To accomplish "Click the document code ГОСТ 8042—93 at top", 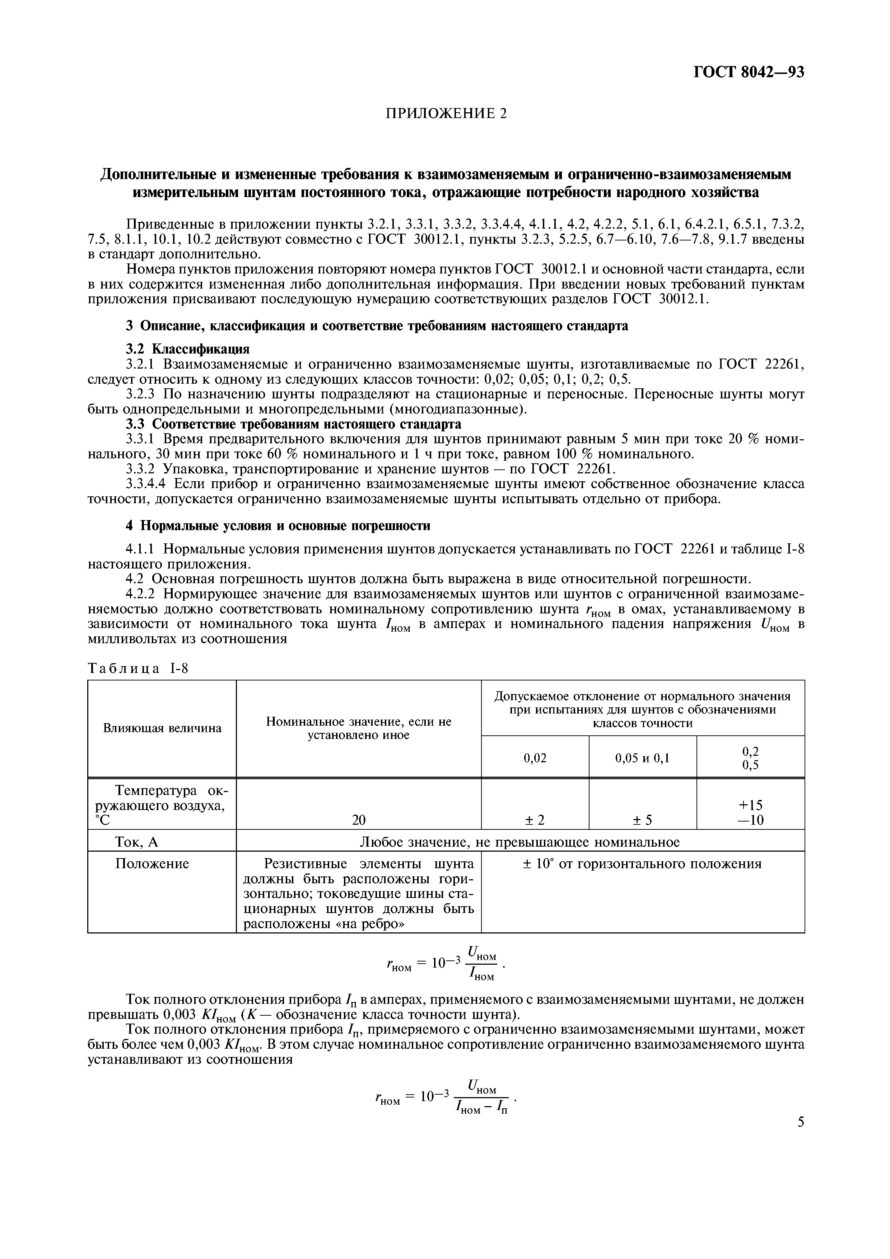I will click(749, 72).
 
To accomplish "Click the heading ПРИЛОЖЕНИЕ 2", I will click(446, 113).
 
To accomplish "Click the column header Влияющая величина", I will click(162, 728).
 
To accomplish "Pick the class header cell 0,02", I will click(535, 758).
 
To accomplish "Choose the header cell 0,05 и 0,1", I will click(643, 758).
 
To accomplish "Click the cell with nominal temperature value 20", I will click(359, 820).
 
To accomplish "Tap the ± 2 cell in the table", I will click(535, 820).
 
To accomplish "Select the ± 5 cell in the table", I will click(643, 820).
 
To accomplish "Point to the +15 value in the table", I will click(750, 805).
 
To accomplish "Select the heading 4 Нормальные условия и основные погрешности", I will click(278, 525).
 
